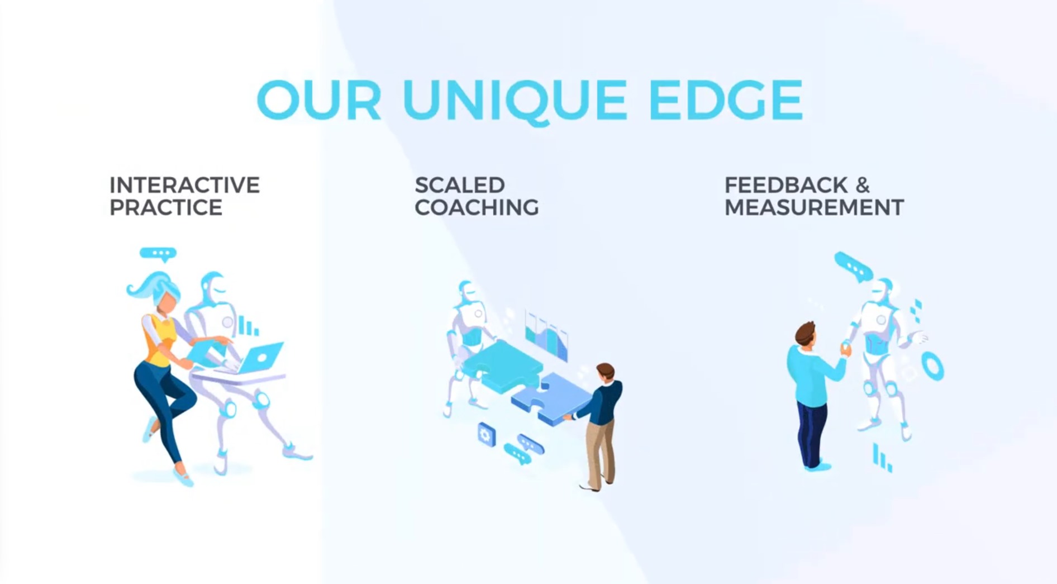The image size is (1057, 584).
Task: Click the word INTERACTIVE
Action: pyautogui.click(x=184, y=185)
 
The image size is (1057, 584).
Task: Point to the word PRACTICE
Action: pyautogui.click(x=166, y=207)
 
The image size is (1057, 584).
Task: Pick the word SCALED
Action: pyautogui.click(x=460, y=185)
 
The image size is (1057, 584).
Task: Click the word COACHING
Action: pyautogui.click(x=477, y=207)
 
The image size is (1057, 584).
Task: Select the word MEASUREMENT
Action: pyautogui.click(x=814, y=207)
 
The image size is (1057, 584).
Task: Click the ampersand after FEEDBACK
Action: pyautogui.click(x=863, y=185)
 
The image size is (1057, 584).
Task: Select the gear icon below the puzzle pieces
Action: pyautogui.click(x=486, y=434)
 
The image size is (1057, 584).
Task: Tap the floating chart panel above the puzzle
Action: pyautogui.click(x=546, y=335)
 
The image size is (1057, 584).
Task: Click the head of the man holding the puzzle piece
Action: pyautogui.click(x=605, y=372)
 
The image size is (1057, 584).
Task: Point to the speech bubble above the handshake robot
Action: pyautogui.click(x=854, y=267)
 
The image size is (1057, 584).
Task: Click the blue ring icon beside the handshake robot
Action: pyautogui.click(x=932, y=367)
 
